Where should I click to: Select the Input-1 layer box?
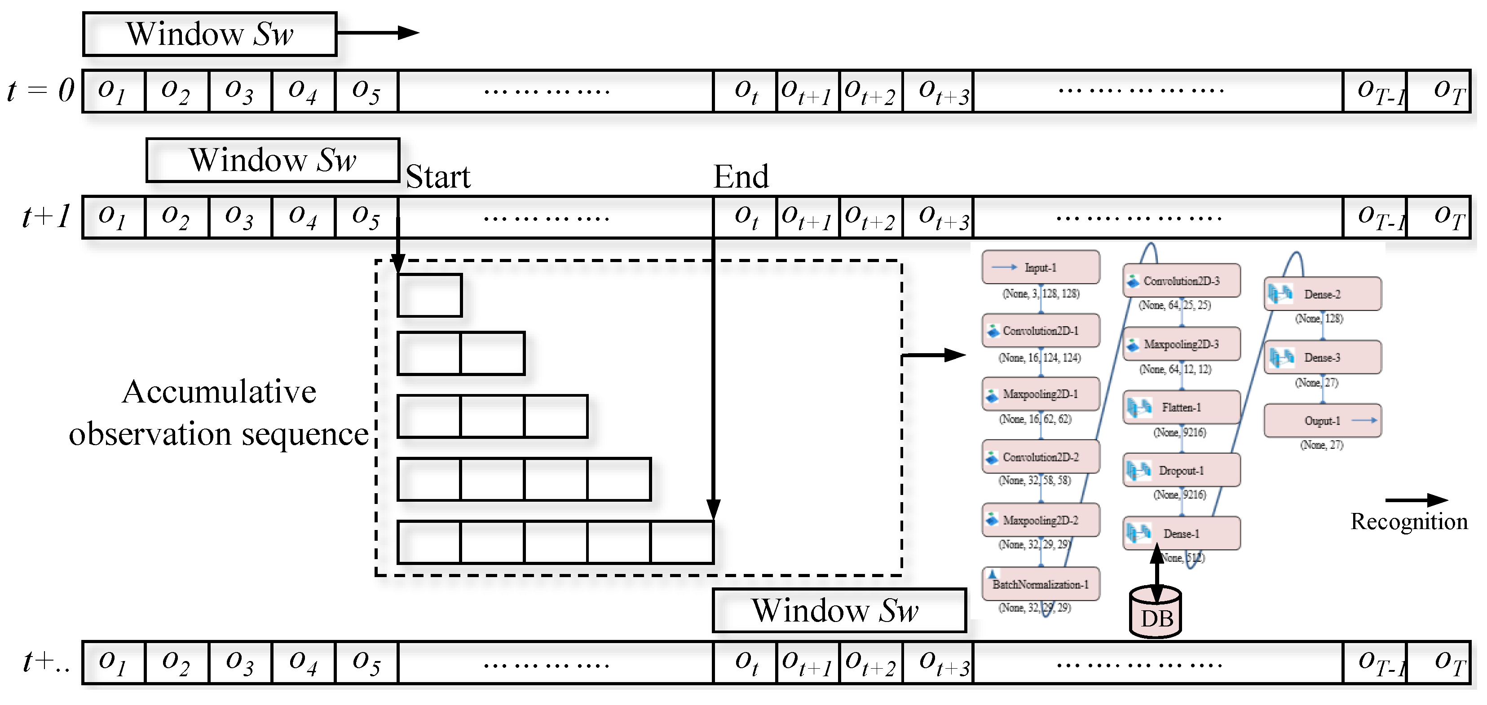click(1040, 267)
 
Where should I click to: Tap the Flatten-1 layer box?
click(1181, 407)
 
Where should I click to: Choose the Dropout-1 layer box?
click(1181, 471)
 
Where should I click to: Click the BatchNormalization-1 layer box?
click(1040, 584)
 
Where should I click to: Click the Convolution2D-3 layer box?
click(1181, 281)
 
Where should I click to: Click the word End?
click(741, 176)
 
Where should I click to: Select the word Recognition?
click(1408, 521)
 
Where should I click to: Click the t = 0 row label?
click(40, 91)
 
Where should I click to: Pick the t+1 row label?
click(46, 217)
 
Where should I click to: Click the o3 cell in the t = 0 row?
click(239, 91)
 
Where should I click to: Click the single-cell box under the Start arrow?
click(429, 295)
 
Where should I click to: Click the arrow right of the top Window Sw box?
click(378, 33)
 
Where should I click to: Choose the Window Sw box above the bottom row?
click(839, 610)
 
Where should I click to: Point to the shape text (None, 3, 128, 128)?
click(1040, 293)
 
